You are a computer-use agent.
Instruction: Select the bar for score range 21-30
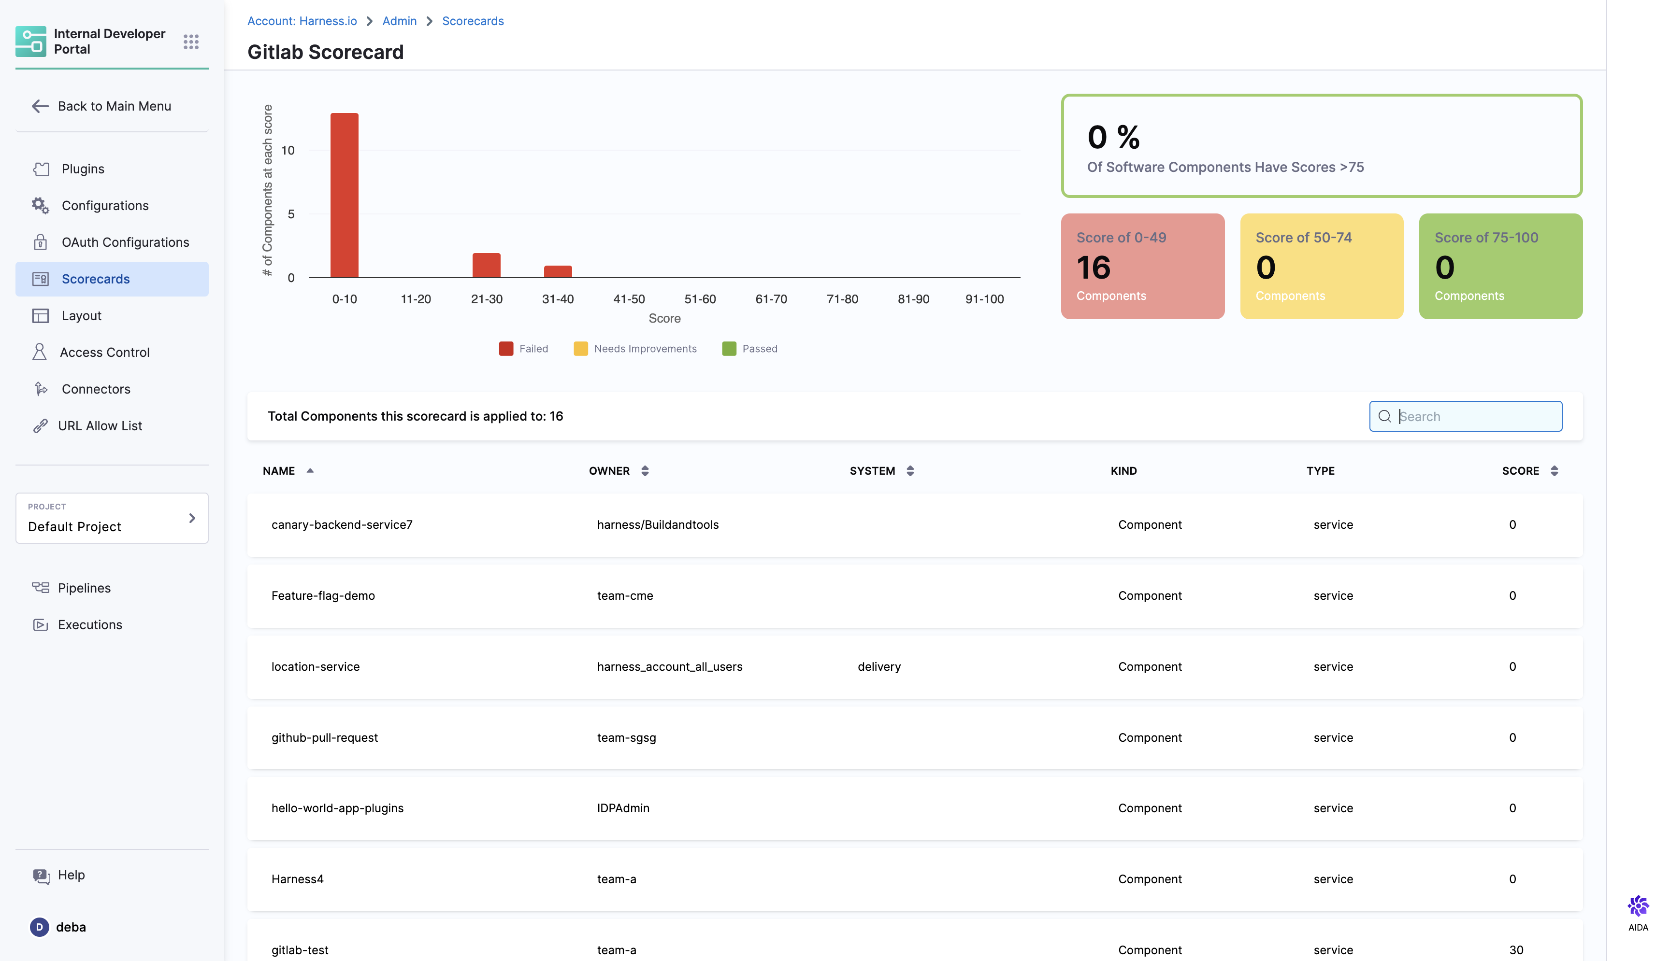click(486, 265)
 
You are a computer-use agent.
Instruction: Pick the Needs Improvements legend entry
click(635, 349)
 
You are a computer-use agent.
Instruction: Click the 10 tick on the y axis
click(288, 151)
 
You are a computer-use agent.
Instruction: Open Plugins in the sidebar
click(83, 169)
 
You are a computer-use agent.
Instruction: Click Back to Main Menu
click(114, 106)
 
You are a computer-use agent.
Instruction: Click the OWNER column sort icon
click(645, 470)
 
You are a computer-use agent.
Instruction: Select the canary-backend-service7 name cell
click(342, 525)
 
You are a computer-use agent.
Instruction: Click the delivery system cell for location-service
click(878, 666)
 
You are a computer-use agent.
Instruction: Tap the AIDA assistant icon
click(1638, 906)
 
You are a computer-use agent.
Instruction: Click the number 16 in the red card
click(1093, 268)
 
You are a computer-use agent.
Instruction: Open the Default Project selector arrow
click(192, 518)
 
